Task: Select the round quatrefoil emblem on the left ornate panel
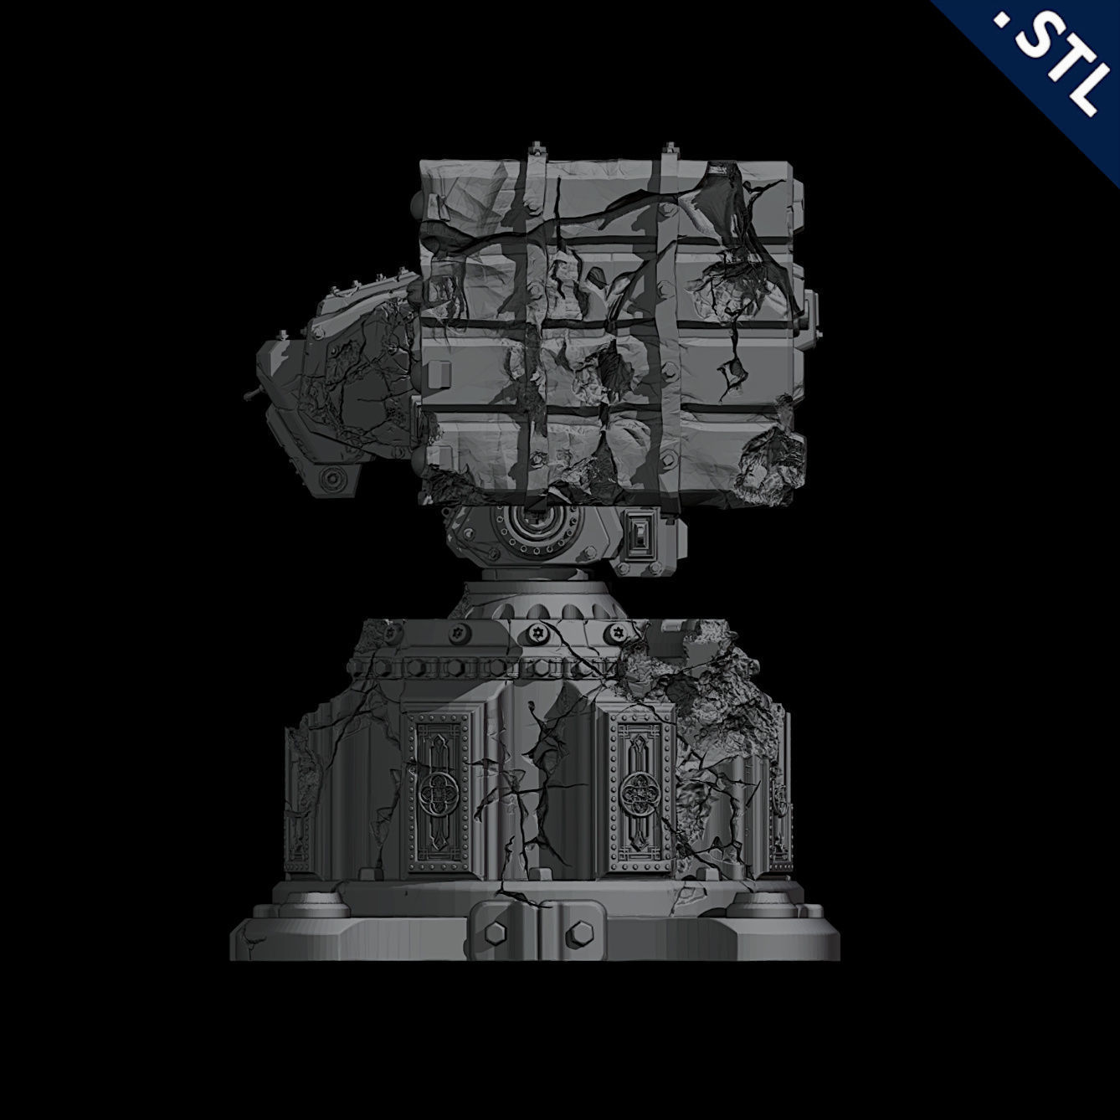pyautogui.click(x=438, y=790)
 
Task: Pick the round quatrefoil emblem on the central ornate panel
pyautogui.click(x=640, y=790)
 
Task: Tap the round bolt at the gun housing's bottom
pyautogui.click(x=333, y=480)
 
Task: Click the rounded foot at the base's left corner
pyautogui.click(x=317, y=904)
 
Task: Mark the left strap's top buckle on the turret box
pyautogui.click(x=534, y=152)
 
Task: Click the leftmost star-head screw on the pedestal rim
pyautogui.click(x=458, y=634)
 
